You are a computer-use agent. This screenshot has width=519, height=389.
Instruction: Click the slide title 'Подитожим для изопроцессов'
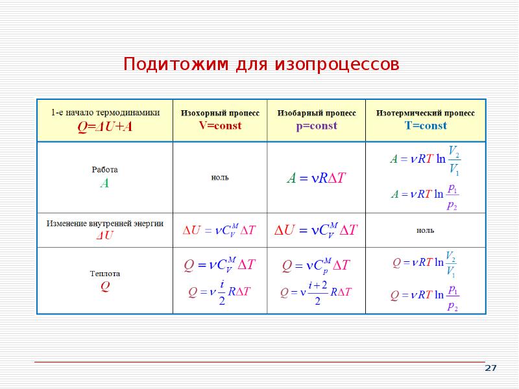pyautogui.click(x=261, y=65)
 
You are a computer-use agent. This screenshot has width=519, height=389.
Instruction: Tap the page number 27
pyautogui.click(x=490, y=368)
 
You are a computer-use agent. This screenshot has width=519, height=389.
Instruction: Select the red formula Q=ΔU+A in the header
pyautogui.click(x=105, y=126)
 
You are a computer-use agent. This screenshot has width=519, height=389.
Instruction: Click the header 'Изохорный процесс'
pyautogui.click(x=220, y=113)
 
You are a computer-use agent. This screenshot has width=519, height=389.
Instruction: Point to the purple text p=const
pyautogui.click(x=317, y=126)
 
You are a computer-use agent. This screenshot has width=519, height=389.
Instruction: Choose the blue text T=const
pyautogui.click(x=426, y=126)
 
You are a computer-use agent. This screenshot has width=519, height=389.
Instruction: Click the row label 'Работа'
pyautogui.click(x=104, y=170)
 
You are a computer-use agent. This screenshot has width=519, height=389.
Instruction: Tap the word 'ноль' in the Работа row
pyautogui.click(x=220, y=177)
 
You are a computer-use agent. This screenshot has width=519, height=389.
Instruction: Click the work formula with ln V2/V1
pyautogui.click(x=426, y=160)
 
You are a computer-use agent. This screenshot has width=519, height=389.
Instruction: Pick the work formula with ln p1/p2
pyautogui.click(x=426, y=196)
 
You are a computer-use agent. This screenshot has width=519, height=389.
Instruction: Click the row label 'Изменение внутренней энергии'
pyautogui.click(x=104, y=223)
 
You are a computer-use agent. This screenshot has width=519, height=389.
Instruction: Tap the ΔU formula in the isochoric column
pyautogui.click(x=220, y=230)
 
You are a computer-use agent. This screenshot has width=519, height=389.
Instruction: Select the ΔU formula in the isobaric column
pyautogui.click(x=317, y=230)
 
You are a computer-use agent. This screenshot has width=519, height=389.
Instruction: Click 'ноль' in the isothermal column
pyautogui.click(x=426, y=230)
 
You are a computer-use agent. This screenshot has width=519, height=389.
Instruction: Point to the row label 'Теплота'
pyautogui.click(x=104, y=274)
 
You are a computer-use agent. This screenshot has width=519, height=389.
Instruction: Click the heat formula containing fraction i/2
pyautogui.click(x=219, y=291)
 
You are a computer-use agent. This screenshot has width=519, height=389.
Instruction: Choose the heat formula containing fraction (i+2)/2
pyautogui.click(x=316, y=292)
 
